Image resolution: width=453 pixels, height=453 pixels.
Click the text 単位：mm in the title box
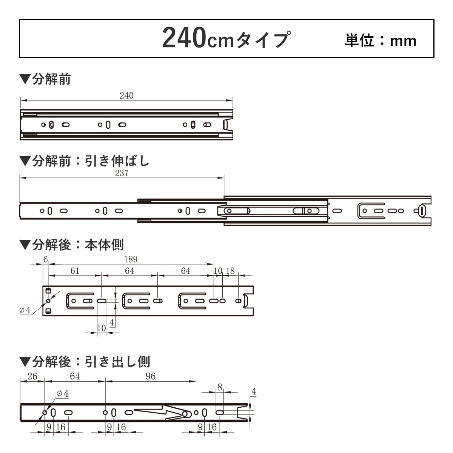(380, 40)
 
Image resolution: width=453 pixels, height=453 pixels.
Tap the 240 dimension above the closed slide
(126, 96)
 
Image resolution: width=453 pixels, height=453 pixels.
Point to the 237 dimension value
(122, 173)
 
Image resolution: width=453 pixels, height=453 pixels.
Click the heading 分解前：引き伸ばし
(85, 161)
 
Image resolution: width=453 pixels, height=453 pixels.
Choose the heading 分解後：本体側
(72, 245)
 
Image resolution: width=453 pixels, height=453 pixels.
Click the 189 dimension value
(131, 259)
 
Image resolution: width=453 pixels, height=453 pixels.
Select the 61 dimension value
(75, 271)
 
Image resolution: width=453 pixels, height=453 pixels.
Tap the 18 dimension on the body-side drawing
(230, 271)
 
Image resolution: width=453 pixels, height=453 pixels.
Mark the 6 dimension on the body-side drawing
(46, 259)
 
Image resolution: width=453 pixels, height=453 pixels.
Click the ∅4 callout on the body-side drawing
(25, 310)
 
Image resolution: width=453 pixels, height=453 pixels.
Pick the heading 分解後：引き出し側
(85, 362)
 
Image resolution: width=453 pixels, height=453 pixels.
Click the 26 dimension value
(32, 376)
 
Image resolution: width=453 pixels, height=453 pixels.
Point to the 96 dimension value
(150, 376)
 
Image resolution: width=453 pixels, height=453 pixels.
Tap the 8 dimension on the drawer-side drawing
(220, 387)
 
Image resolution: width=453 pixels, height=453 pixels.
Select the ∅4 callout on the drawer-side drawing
(63, 394)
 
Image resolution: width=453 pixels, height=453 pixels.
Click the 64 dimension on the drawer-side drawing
(75, 376)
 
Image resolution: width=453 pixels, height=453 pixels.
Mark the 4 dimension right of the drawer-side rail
(254, 391)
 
